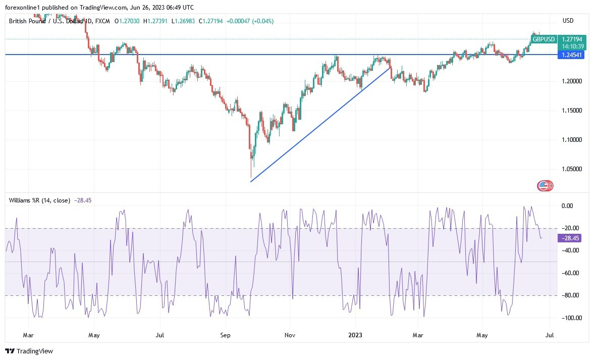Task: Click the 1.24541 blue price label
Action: (571, 55)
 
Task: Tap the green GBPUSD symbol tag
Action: (544, 39)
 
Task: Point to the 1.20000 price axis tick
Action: (573, 81)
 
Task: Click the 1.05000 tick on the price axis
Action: (573, 169)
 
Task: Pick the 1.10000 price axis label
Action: (573, 139)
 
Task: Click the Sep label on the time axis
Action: (225, 335)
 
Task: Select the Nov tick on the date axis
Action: (290, 335)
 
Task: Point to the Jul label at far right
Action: (550, 335)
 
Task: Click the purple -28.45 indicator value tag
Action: (571, 238)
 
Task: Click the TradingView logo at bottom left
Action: (29, 351)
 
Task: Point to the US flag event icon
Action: (544, 186)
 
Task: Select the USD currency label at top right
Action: (568, 21)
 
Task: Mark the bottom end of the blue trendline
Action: (251, 181)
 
